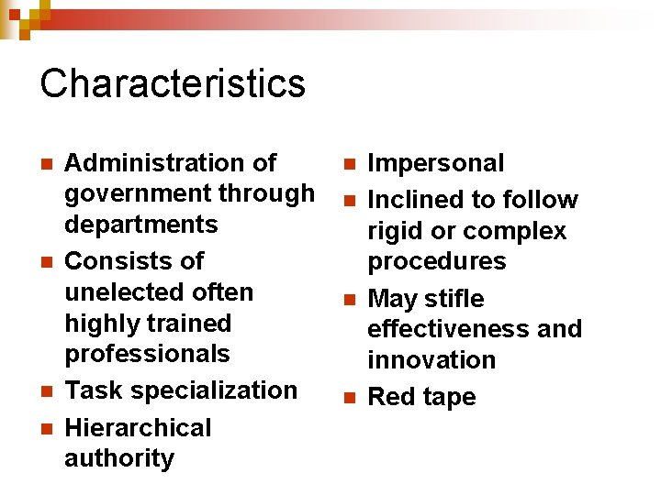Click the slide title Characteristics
pos(173,83)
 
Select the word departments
pos(141,225)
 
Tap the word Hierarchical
pos(138,428)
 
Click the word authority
pos(119,458)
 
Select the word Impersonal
pos(436,163)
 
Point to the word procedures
pos(437,261)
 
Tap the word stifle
pos(454,299)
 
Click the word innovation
pos(431,359)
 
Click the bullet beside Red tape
pos(349,398)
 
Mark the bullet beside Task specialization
pos(46,390)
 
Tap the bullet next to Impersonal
pos(349,164)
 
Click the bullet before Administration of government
pos(46,164)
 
